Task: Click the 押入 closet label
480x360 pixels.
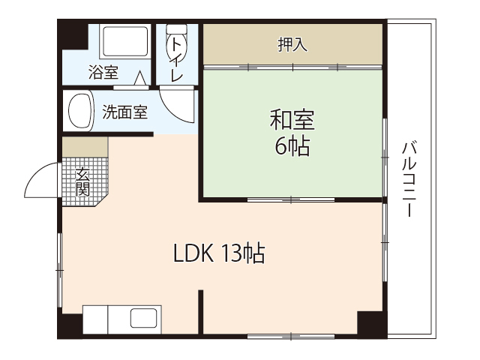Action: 293,45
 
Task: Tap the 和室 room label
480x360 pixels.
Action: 292,119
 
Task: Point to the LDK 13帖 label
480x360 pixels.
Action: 218,254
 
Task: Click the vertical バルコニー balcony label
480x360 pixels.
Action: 409,179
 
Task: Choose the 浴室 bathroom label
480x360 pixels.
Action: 103,73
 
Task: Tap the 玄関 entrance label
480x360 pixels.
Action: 82,181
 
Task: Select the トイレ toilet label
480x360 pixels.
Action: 177,59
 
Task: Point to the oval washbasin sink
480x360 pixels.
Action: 79,112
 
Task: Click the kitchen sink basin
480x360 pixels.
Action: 144,318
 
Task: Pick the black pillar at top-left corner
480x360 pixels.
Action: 72,34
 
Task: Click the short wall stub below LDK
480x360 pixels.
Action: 201,311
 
